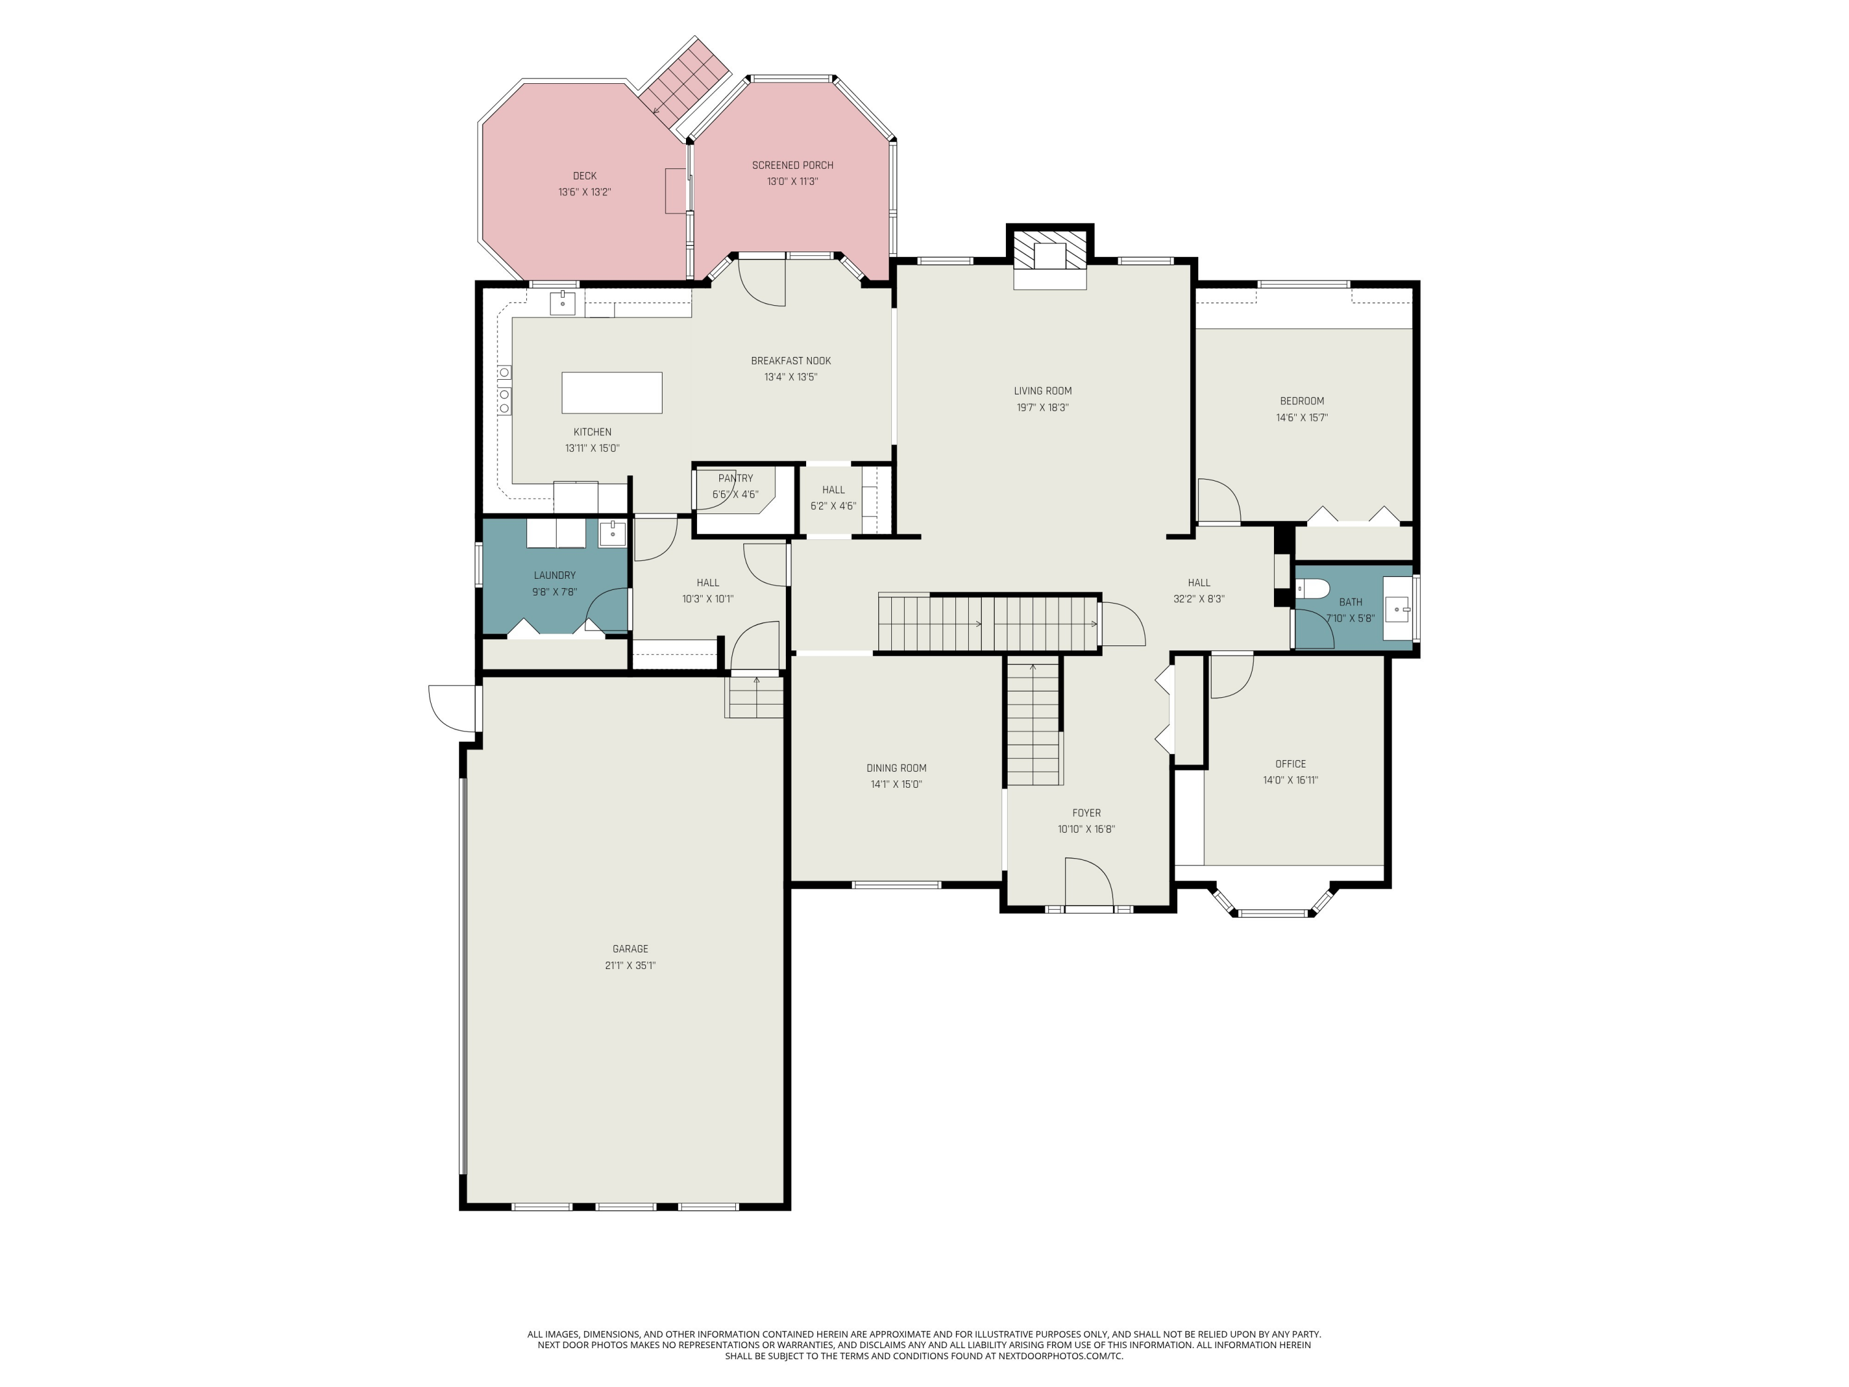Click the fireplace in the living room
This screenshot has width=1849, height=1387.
tap(1049, 255)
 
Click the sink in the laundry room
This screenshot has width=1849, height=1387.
tap(612, 533)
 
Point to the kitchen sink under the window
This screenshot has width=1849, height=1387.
tap(563, 302)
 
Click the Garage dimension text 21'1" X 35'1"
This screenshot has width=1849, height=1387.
tap(631, 965)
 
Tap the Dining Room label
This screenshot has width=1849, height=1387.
tap(896, 767)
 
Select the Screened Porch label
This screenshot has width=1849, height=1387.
tap(793, 165)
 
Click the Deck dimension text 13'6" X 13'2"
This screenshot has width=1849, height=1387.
tap(584, 192)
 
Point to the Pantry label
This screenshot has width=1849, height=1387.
tap(735, 478)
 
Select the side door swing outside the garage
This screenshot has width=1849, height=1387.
tap(451, 707)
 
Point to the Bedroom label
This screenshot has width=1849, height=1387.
tap(1302, 401)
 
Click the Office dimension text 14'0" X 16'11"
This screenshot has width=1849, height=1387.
tap(1290, 780)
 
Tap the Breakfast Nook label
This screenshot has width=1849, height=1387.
tap(791, 361)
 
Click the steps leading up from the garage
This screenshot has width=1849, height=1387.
tap(755, 698)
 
